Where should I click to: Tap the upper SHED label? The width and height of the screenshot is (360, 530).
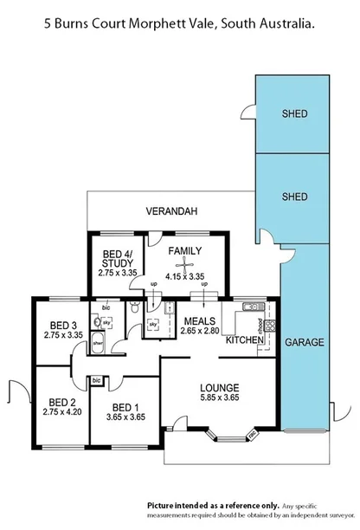295,114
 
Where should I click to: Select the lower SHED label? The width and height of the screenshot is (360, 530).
295,197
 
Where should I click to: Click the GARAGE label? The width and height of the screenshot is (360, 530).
304,342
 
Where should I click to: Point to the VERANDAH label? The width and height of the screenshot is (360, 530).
170,211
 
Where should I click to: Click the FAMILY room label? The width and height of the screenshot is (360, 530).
184,251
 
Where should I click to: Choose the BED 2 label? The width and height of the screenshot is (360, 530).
60,402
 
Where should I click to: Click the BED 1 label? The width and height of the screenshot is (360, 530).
125,407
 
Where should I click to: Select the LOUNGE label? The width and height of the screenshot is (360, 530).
219,387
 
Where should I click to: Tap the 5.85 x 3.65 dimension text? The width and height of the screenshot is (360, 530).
219,397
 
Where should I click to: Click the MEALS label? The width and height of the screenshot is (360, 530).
199,320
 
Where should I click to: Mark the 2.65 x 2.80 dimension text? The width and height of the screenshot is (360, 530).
199,330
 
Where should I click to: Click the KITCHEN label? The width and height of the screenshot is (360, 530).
244,339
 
